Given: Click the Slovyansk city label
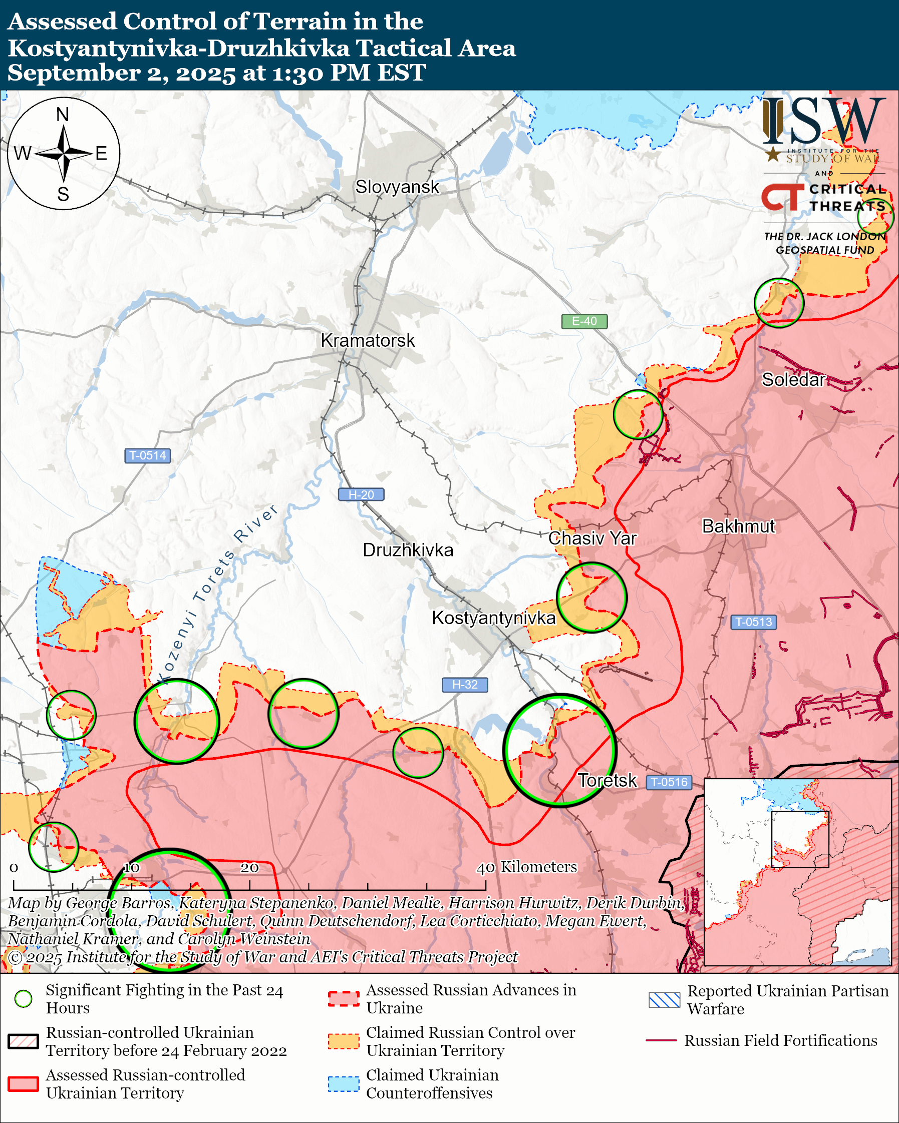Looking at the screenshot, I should (x=397, y=187).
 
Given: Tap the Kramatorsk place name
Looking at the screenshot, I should (x=368, y=340).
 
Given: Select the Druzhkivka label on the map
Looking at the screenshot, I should (x=408, y=550).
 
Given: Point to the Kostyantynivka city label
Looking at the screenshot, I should (x=493, y=618).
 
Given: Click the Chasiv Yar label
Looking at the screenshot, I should (x=592, y=538).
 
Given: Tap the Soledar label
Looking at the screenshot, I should (x=793, y=379).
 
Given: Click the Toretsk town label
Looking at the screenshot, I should (x=607, y=780).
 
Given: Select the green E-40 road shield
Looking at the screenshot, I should (x=584, y=321).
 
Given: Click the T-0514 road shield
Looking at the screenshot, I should (x=147, y=455).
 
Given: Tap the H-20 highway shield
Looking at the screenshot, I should (x=361, y=494).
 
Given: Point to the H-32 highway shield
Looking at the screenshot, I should (x=464, y=685).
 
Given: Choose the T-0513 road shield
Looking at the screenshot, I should (x=753, y=622).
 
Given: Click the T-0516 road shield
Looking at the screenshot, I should (x=669, y=782).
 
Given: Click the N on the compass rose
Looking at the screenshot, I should (x=63, y=114).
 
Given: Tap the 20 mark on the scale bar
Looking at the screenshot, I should (x=249, y=868).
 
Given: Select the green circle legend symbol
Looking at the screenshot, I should (x=24, y=999).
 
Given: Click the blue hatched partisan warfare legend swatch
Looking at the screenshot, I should (x=664, y=1000).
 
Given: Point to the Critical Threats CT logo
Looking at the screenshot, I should (x=782, y=197).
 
